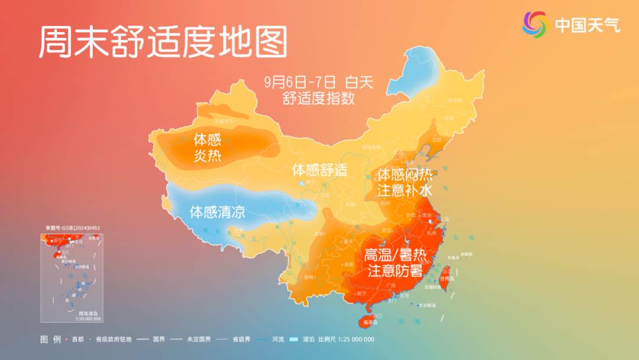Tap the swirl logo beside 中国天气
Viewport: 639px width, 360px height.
click(x=535, y=24)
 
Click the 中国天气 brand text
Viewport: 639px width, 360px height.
click(x=587, y=24)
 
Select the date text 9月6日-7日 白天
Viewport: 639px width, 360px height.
click(x=319, y=82)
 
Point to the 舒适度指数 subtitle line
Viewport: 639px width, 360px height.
click(x=319, y=98)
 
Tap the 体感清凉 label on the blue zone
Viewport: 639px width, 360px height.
click(x=217, y=211)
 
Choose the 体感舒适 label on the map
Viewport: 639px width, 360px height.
click(x=319, y=171)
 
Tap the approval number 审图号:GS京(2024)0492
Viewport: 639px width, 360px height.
click(x=73, y=227)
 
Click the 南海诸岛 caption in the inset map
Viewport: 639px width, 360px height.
click(x=88, y=313)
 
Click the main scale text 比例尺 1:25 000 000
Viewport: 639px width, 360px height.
click(x=346, y=339)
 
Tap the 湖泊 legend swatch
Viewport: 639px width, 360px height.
click(x=294, y=339)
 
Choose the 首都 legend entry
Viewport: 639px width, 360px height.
click(x=75, y=339)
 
